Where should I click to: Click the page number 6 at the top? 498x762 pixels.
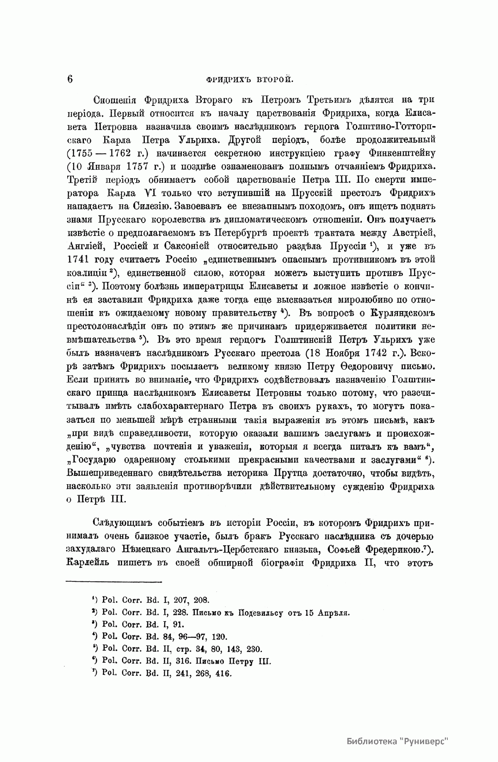70,78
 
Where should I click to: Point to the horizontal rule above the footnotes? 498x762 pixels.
114,582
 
